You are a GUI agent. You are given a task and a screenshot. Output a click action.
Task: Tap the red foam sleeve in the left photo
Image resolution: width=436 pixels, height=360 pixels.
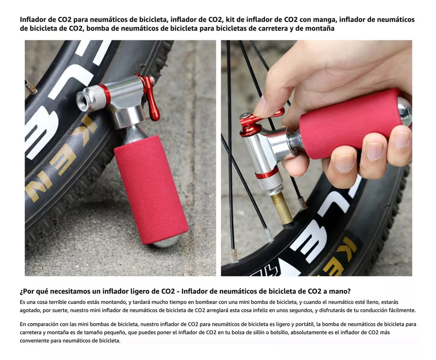(151, 189)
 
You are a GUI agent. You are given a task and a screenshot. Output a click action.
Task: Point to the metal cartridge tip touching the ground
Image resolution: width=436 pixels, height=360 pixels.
(166, 241)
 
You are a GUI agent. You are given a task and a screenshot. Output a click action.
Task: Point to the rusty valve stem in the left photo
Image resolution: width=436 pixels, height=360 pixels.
(31, 87)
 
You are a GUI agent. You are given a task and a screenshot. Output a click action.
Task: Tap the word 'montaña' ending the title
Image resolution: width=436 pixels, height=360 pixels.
(320, 28)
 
